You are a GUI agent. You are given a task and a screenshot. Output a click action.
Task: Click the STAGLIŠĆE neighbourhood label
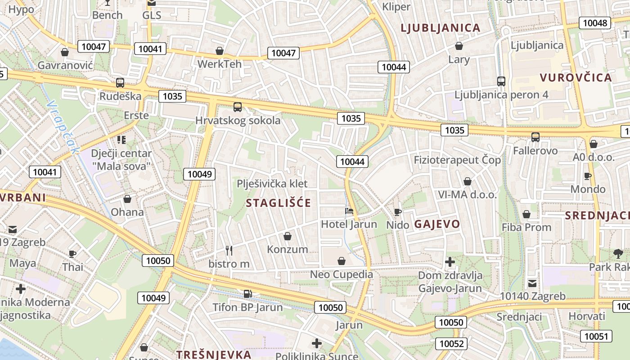pos(278,203)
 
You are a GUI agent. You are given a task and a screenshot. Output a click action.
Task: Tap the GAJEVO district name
pos(437,224)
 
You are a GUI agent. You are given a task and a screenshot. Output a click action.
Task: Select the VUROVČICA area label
pos(576,77)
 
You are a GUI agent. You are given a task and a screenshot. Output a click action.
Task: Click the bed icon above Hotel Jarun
pos(349,211)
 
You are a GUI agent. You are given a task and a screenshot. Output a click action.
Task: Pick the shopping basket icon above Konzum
pos(288,236)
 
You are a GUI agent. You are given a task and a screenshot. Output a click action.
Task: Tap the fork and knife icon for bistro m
pos(229,251)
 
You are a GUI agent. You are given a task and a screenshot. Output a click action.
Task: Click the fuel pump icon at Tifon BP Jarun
pos(247,294)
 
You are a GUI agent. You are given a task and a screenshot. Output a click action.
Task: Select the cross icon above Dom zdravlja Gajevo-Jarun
pos(450,261)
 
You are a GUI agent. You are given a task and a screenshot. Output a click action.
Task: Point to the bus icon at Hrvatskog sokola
pos(237,107)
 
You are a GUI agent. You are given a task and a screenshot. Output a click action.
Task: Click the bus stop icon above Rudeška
pos(120,83)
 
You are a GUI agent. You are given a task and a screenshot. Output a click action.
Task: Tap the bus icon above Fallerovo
pos(535,137)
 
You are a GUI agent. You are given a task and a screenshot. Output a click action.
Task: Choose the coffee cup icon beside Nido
pos(398,212)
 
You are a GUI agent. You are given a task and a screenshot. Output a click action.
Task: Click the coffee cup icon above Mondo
pos(588,176)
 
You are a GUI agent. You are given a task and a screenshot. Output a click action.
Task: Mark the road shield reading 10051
pos(596,336)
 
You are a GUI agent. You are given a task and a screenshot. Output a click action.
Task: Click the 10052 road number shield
pos(451,344)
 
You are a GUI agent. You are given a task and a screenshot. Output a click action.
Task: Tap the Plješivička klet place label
pos(272,184)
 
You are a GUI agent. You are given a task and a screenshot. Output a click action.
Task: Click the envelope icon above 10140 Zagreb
pos(532,283)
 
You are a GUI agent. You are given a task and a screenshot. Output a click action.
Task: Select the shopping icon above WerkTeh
pos(220,51)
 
